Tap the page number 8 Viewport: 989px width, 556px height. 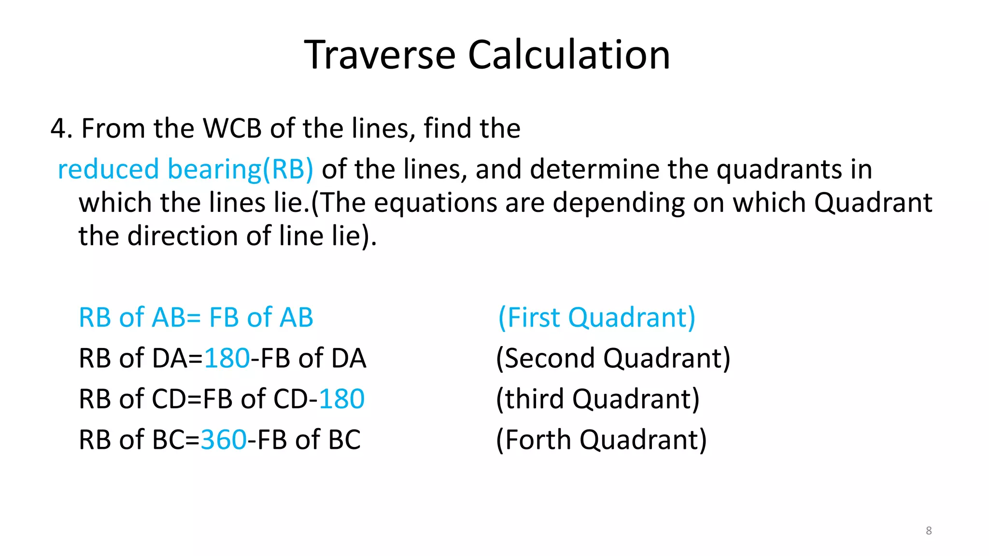pyautogui.click(x=929, y=530)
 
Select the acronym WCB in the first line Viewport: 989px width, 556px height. pyautogui.click(x=232, y=128)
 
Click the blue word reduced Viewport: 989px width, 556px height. pyautogui.click(x=108, y=169)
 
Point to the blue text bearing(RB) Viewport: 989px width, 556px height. pyautogui.click(x=240, y=169)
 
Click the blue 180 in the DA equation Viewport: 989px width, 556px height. pyautogui.click(x=227, y=359)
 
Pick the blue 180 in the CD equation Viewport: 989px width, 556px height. pyautogui.click(x=341, y=399)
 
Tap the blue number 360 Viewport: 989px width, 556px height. pyautogui.click(x=224, y=440)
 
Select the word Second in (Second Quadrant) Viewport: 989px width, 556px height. pyautogui.click(x=549, y=359)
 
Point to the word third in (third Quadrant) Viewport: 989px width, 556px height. pyautogui.click(x=535, y=399)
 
